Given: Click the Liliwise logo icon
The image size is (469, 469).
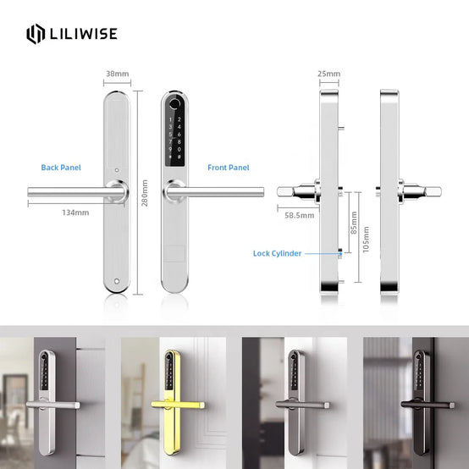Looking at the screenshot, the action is [36, 34].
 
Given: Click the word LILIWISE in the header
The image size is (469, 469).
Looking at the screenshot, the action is [84, 34].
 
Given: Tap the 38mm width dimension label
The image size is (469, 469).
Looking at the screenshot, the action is [117, 74].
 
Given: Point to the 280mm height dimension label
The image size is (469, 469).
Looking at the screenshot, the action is [145, 193].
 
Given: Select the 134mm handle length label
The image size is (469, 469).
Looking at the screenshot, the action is [75, 212].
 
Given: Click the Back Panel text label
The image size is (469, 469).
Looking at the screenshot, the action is [61, 168].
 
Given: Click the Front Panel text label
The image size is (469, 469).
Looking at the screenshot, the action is [229, 168].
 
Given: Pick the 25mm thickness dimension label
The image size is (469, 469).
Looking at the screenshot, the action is [328, 74].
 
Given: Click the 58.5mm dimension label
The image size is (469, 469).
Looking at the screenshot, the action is [300, 215].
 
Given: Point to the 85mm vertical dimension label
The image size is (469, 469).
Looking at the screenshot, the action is [354, 223].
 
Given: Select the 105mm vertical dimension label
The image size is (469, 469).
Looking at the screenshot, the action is [366, 240].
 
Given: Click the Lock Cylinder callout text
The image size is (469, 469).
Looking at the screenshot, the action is [278, 253].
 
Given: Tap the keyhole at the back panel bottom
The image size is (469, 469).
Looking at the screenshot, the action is [117, 281].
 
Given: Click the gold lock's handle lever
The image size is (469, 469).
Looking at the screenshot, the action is [178, 405].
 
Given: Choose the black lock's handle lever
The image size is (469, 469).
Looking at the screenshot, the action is [428, 405].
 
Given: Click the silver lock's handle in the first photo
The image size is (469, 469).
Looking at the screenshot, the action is [53, 405].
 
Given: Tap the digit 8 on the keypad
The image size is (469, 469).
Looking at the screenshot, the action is [179, 141].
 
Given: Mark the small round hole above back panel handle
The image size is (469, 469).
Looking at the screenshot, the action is [117, 170].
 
